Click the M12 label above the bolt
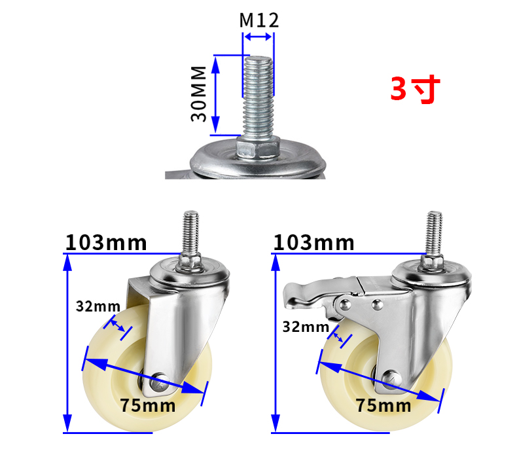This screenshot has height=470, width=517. pyautogui.click(x=259, y=20)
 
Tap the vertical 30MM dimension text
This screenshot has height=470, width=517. pyautogui.click(x=198, y=94)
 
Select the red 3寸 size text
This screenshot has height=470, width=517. pyautogui.click(x=415, y=89)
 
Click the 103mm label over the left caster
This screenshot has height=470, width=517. pyautogui.click(x=106, y=243)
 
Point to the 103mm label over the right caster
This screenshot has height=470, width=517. pyautogui.click(x=313, y=243)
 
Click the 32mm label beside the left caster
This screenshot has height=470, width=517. pyautogui.click(x=98, y=306)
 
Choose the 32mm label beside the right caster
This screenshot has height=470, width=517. pyautogui.click(x=306, y=327)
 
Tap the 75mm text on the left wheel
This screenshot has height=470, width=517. pyautogui.click(x=147, y=405)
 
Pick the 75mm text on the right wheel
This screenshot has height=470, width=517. pyautogui.click(x=383, y=405)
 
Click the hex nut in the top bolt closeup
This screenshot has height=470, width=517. pyautogui.click(x=258, y=148)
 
